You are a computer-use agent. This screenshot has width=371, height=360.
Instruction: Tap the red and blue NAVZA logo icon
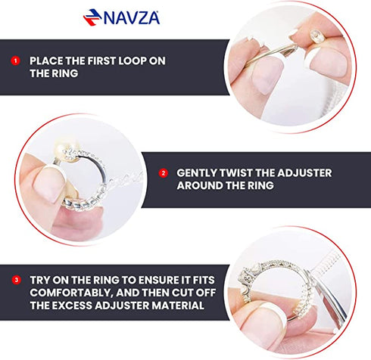click(92, 17)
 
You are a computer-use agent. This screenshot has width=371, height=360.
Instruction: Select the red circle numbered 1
click(14, 60)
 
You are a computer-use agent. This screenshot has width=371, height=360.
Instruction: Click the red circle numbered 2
click(163, 172)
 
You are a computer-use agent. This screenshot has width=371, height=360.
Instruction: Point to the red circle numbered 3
click(14, 281)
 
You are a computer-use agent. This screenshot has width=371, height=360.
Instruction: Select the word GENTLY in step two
click(199, 172)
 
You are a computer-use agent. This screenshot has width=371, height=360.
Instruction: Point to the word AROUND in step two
click(201, 186)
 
